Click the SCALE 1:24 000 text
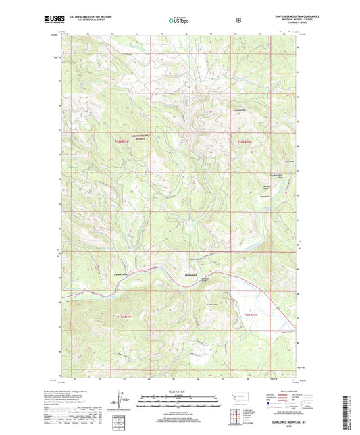[179, 391]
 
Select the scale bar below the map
[179, 403]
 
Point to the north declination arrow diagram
[129, 405]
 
